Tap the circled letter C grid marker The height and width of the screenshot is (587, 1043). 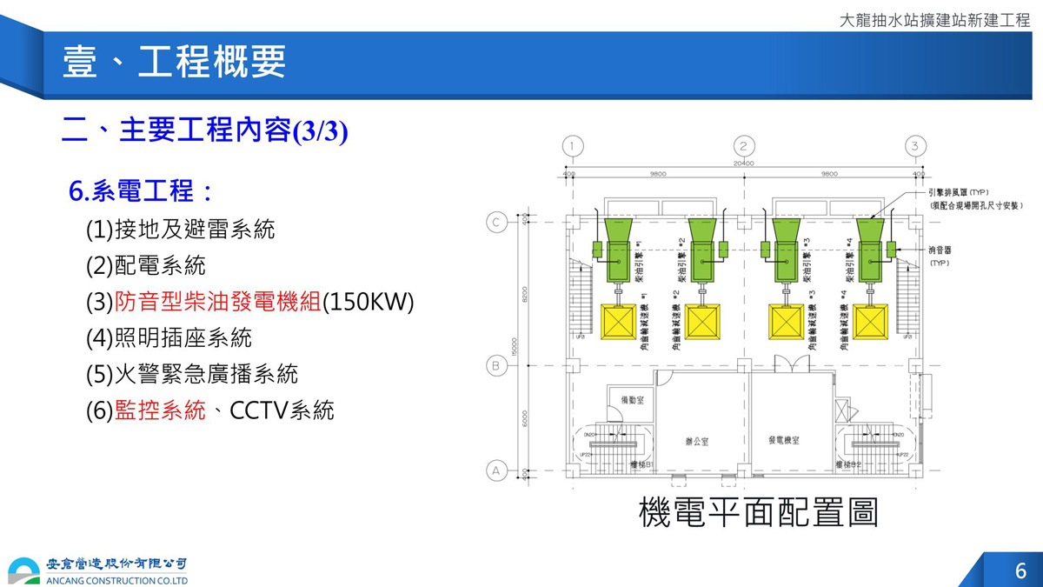point(496,223)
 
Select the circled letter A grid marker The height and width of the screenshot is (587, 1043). point(496,470)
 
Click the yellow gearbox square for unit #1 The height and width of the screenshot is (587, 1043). point(619,323)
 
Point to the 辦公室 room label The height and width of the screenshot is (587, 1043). point(696,442)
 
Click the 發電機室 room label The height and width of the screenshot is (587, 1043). point(783,441)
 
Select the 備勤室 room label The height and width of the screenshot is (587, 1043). point(631,400)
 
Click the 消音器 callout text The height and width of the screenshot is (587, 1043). point(940,250)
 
